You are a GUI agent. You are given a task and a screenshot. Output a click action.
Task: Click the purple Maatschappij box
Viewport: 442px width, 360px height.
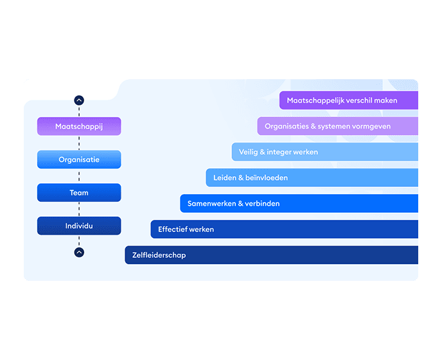pyautogui.click(x=79, y=126)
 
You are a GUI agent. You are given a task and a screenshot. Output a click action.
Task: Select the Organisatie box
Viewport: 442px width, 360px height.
pyautogui.click(x=79, y=159)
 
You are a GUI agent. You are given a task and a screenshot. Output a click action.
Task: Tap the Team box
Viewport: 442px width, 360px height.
pyautogui.click(x=79, y=193)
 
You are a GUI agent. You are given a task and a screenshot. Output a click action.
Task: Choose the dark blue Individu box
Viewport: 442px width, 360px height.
pyautogui.click(x=79, y=226)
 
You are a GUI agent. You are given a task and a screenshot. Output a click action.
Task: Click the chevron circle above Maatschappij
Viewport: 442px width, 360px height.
pyautogui.click(x=79, y=100)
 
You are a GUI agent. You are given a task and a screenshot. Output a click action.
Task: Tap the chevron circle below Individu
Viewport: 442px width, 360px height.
pyautogui.click(x=79, y=252)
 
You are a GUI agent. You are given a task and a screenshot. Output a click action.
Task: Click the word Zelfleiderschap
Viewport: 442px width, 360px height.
pyautogui.click(x=159, y=255)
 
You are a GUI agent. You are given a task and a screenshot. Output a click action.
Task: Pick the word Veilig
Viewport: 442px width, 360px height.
pyautogui.click(x=249, y=152)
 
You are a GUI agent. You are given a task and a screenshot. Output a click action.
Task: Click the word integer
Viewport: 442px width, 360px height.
pyautogui.click(x=279, y=152)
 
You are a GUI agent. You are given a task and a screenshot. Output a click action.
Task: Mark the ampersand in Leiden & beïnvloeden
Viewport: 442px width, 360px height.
pyautogui.click(x=241, y=177)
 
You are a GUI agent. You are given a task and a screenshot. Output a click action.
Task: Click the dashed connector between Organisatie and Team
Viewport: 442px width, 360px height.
pyautogui.click(x=79, y=176)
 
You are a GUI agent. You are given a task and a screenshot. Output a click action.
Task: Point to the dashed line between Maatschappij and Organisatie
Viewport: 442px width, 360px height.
pyautogui.click(x=79, y=143)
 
